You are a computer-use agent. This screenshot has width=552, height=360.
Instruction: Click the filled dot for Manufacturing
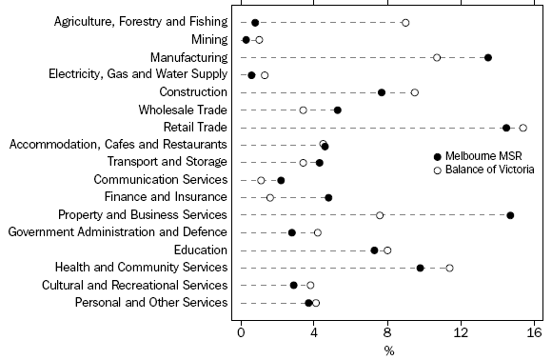488,57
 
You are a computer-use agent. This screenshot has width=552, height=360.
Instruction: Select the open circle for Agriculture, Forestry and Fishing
405,22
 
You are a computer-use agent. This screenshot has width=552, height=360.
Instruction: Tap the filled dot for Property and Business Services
510,215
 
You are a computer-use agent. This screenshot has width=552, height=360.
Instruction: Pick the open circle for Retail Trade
522,128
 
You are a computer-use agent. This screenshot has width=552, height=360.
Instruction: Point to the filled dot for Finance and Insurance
328,197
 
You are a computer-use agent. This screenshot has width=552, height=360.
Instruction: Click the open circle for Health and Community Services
449,268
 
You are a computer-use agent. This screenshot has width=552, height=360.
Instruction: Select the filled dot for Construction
382,92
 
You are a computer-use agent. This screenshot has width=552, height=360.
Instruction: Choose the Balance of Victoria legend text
484,170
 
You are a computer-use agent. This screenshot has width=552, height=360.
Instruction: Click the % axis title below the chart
388,350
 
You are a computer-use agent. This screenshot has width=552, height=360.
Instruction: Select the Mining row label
209,40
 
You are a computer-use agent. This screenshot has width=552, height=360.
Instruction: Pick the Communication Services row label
161,180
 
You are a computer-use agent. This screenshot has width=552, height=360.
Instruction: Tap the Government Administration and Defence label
118,232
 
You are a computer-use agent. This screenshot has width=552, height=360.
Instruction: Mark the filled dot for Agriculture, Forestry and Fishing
255,22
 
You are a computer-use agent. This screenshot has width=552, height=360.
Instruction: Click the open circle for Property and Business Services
380,215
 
